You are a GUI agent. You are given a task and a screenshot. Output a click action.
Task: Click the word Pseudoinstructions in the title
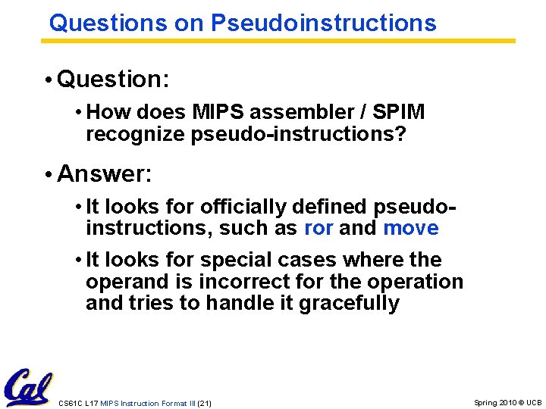pyautogui.click(x=324, y=23)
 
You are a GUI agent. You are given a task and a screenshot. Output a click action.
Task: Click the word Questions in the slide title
pyautogui.click(x=108, y=23)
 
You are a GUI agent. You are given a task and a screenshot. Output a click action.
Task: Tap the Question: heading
pyautogui.click(x=113, y=78)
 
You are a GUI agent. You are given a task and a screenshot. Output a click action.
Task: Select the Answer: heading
pyautogui.click(x=105, y=174)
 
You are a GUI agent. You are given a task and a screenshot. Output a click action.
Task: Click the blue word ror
pyautogui.click(x=318, y=228)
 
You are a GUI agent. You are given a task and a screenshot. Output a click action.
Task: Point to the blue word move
pyautogui.click(x=411, y=228)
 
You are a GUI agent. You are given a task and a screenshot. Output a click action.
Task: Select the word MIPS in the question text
pyautogui.click(x=219, y=112)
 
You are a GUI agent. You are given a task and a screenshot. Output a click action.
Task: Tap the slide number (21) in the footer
pyautogui.click(x=204, y=403)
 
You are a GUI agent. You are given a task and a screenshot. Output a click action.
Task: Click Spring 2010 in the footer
pyautogui.click(x=496, y=403)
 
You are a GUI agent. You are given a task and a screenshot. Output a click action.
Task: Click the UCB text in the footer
pyautogui.click(x=534, y=403)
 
